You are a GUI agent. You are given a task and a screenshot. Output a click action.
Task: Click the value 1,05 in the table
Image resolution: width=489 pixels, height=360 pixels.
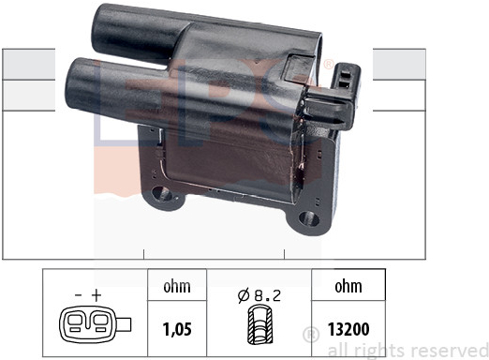click(177, 329)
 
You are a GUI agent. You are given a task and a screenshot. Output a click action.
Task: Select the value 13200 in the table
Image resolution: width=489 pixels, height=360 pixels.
click(348, 329)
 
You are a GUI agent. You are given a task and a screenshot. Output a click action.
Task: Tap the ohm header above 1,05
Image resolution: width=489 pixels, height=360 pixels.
click(177, 286)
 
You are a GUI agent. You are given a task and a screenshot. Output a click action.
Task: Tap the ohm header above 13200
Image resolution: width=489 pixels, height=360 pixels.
click(348, 286)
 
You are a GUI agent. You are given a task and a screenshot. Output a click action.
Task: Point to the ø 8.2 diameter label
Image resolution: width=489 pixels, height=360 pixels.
click(259, 295)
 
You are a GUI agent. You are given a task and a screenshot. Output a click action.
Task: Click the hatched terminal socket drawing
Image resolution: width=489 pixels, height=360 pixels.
click(260, 326)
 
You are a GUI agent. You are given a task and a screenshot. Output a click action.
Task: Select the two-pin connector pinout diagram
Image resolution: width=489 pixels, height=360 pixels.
click(95, 324)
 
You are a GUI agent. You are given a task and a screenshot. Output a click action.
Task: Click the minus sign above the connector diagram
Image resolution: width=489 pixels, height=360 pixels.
click(79, 295)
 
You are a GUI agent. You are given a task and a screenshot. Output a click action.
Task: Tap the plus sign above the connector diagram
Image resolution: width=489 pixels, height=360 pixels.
click(96, 295)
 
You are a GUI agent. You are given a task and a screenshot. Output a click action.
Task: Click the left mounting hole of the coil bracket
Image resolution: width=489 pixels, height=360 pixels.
click(160, 193)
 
